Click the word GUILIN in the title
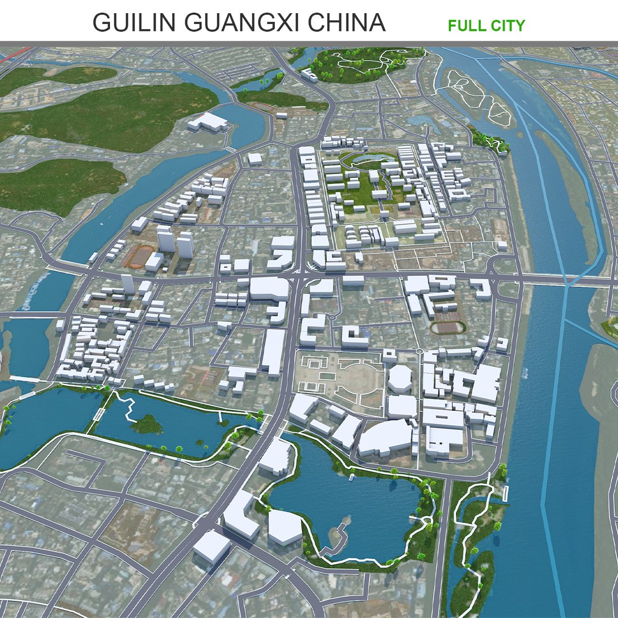tap(132, 23)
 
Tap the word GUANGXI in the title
tap(240, 23)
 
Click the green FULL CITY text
tap(486, 26)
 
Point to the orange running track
tap(140, 256)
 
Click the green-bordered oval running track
tap(448, 327)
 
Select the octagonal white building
tap(400, 378)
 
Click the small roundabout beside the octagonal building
tap(419, 351)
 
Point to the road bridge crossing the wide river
tap(566, 280)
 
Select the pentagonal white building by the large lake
tap(285, 526)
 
